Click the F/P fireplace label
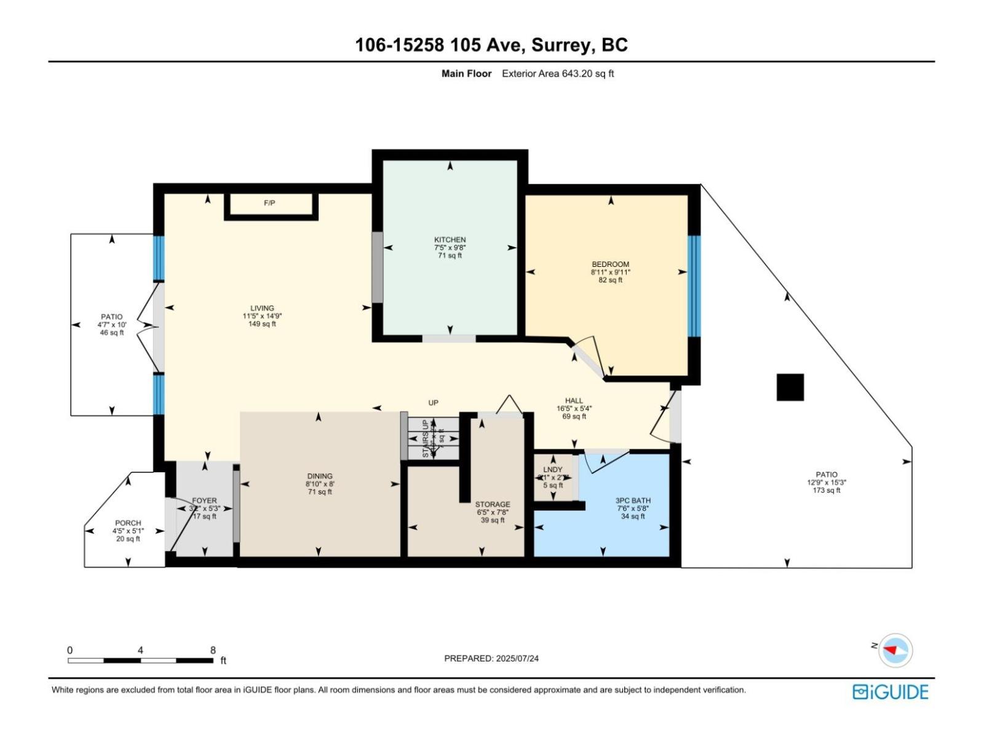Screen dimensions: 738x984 tap(269, 203)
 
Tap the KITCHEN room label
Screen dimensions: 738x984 tap(450, 240)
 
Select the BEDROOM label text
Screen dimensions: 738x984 tap(610, 264)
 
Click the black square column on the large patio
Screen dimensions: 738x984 tap(790, 387)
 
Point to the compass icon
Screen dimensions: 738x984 tap(895, 650)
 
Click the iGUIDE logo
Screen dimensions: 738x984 tap(890, 692)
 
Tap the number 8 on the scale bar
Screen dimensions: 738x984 tap(213, 650)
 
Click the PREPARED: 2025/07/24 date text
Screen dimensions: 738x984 tap(491, 658)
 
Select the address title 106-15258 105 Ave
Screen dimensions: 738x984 tap(491, 45)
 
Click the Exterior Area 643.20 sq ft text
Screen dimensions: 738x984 tap(558, 74)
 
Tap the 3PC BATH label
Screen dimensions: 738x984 tap(633, 501)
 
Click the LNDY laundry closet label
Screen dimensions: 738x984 tap(552, 470)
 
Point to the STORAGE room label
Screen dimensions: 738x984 tap(492, 504)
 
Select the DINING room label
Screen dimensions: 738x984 tap(320, 476)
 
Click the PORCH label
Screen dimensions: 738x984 tap(128, 523)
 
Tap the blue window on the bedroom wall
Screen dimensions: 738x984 tap(694, 286)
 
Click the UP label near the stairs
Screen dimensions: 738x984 tap(434, 403)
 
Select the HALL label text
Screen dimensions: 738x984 tap(574, 400)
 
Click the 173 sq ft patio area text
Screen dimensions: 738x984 tap(826, 490)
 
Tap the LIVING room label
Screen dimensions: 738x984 tap(262, 308)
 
